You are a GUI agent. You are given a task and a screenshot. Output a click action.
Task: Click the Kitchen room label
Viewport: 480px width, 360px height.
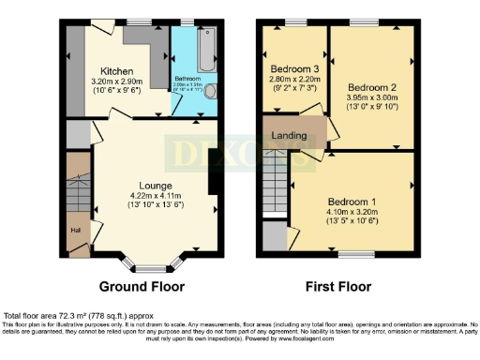click(117, 71)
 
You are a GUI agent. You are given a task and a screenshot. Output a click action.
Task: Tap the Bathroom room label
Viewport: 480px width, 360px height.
click(187, 80)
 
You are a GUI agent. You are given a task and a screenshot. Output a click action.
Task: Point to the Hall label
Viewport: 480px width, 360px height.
click(74, 228)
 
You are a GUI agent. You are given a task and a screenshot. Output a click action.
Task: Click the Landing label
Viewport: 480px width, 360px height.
click(289, 136)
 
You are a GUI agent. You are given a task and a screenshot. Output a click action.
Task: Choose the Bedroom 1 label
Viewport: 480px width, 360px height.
click(352, 202)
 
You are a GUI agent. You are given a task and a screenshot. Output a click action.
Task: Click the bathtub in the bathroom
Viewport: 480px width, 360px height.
click(205, 47)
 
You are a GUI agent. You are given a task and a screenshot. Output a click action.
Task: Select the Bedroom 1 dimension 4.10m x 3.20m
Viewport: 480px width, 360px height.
click(352, 213)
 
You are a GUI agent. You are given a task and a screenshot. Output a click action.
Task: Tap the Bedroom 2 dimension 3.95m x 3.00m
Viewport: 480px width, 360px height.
click(367, 82)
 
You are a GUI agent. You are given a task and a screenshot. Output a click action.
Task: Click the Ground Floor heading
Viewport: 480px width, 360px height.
click(141, 287)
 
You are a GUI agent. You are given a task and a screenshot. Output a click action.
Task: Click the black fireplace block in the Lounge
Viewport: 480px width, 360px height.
click(211, 172)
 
